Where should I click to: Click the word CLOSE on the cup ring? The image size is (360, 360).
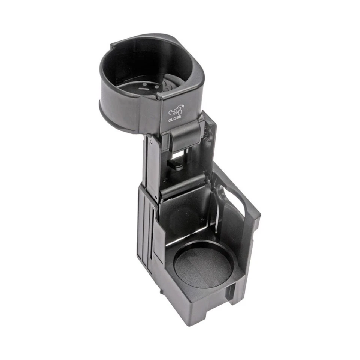click(x=175, y=117)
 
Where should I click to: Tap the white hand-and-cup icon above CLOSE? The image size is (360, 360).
click(x=175, y=110)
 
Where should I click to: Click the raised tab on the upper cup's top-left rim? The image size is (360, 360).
click(x=112, y=47)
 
